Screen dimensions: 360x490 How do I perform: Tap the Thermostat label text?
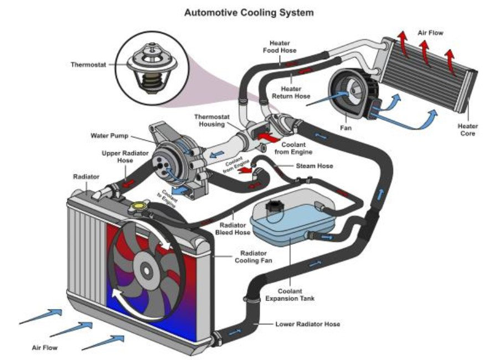tap(88, 64)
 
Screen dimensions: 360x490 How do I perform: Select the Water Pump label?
tap(109, 136)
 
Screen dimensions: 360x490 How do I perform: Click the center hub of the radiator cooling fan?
tap(146, 270)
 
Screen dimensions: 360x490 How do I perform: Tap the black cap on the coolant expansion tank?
tap(274, 208)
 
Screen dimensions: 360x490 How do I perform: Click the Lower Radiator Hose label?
tap(307, 323)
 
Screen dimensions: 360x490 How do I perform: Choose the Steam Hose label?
tap(314, 166)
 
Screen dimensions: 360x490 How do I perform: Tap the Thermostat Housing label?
tap(211, 121)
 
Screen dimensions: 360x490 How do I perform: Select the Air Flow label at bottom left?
tap(44, 348)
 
